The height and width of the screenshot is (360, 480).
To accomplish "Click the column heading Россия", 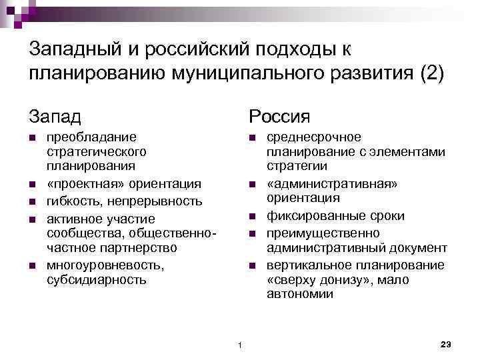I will click(x=279, y=117).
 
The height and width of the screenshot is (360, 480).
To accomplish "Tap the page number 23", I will click(x=447, y=343).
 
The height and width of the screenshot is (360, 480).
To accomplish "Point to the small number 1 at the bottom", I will click(x=239, y=344).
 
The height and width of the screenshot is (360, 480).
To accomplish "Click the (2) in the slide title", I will click(x=430, y=72).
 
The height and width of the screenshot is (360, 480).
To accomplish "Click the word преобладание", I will click(x=91, y=137).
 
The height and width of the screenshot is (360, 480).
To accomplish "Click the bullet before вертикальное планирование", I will click(x=251, y=267).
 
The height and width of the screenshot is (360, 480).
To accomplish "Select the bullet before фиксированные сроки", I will click(x=251, y=217).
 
